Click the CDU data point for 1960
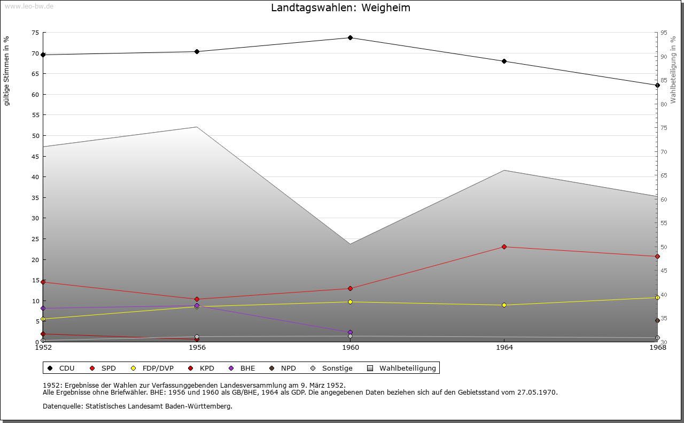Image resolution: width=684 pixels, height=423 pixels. coord(350,37)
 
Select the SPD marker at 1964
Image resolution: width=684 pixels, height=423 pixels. coord(504,247)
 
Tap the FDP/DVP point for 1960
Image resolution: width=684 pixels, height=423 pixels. coord(350,302)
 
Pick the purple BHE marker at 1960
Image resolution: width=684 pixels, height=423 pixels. coord(350,332)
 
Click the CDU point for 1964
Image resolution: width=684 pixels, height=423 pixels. coord(504,61)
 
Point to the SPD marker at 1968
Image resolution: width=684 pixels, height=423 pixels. coord(657,256)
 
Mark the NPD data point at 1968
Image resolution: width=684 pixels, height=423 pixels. coord(657,320)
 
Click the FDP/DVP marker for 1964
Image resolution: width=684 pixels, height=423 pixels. coord(504,305)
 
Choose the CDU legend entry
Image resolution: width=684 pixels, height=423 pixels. coord(61,368)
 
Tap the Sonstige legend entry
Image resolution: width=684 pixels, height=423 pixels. coord(332,368)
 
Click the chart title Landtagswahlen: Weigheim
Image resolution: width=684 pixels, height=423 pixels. coord(340,7)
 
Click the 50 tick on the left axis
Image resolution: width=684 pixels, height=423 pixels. coord(35,136)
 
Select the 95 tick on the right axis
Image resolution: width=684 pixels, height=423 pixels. coord(664,33)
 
